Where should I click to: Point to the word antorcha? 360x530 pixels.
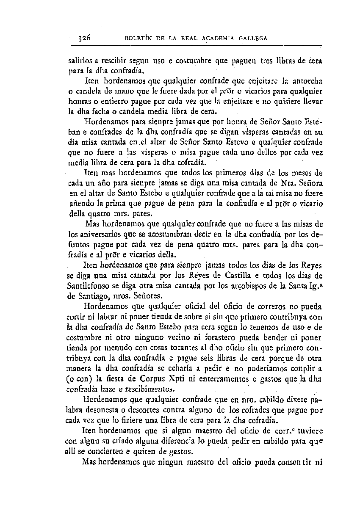(305, 80)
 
